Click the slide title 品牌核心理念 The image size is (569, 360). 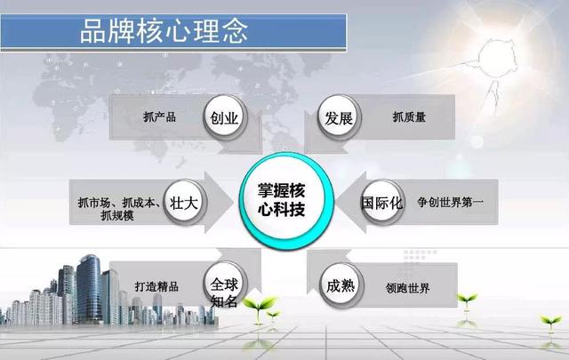pyautogui.click(x=164, y=31)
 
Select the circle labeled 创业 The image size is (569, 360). pyautogui.click(x=225, y=116)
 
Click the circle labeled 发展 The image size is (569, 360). pyautogui.click(x=339, y=117)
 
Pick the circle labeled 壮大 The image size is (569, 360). pyautogui.click(x=184, y=202)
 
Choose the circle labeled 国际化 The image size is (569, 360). pyautogui.click(x=382, y=202)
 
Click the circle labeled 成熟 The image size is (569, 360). pyautogui.click(x=341, y=285)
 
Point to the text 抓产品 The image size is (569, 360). pyautogui.click(x=159, y=116)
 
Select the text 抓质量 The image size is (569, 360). pyautogui.click(x=409, y=116)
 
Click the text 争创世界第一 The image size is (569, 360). pyautogui.click(x=450, y=202)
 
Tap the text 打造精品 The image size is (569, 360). pyautogui.click(x=156, y=286)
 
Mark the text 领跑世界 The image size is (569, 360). pyautogui.click(x=407, y=288)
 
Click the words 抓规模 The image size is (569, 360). pyautogui.click(x=117, y=215)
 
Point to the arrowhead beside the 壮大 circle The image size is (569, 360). pyautogui.click(x=220, y=202)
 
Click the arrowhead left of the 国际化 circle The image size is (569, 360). pyautogui.click(x=351, y=202)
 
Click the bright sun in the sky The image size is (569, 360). pyautogui.click(x=496, y=58)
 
